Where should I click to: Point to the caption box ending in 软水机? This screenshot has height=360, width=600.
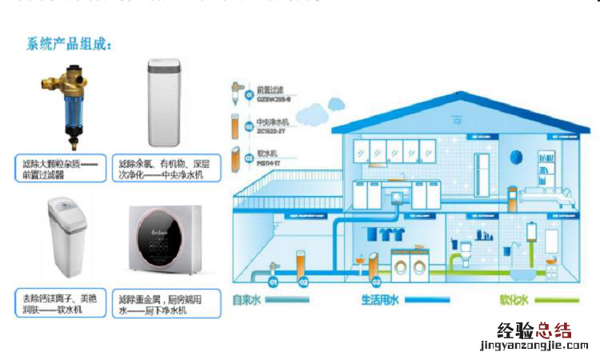(x=57, y=303)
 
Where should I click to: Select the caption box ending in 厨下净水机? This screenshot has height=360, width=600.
(x=164, y=303)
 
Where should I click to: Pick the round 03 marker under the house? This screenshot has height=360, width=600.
(x=374, y=282)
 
